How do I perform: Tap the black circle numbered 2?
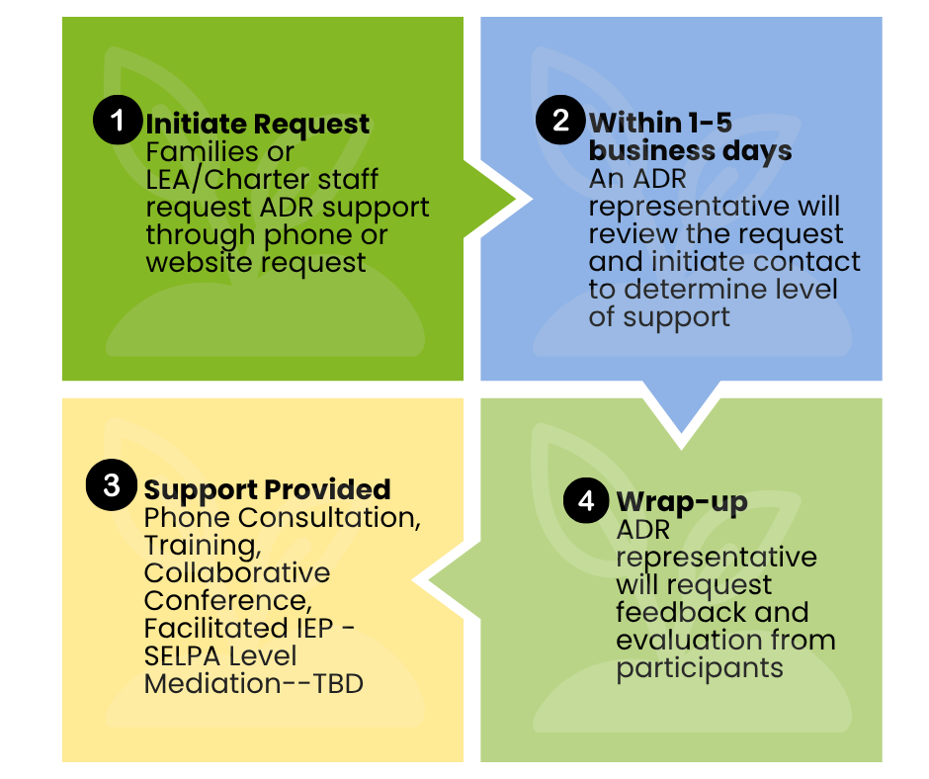pyautogui.click(x=561, y=121)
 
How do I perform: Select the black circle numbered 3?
pyautogui.click(x=112, y=485)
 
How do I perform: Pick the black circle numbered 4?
pyautogui.click(x=587, y=500)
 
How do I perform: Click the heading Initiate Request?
pyautogui.click(x=257, y=125)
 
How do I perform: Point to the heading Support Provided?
pyautogui.click(x=267, y=489)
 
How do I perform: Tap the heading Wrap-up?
pyautogui.click(x=681, y=502)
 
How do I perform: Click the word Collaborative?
pyautogui.click(x=237, y=573)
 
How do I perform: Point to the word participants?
pyautogui.click(x=699, y=667)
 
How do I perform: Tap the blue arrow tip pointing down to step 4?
pyautogui.click(x=681, y=430)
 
